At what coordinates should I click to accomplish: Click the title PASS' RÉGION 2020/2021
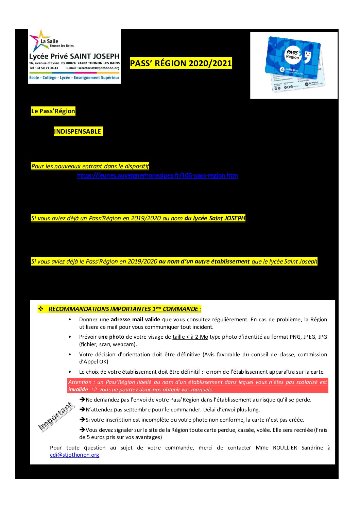coord(181,63)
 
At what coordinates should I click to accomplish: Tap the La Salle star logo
coord(39,40)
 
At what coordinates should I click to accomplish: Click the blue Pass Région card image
coord(294,65)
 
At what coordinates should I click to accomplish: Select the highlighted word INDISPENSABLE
coord(78,132)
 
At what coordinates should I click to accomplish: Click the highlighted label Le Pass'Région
coord(53,111)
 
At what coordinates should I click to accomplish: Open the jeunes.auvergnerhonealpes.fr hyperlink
coord(157,175)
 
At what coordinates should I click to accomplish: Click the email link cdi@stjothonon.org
coord(74,455)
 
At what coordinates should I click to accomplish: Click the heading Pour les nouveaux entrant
coord(90,166)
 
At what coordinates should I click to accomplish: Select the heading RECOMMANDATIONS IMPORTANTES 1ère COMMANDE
coord(124,309)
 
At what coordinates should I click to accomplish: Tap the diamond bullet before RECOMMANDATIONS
coord(41,309)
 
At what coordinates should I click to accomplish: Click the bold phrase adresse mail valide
coord(135,320)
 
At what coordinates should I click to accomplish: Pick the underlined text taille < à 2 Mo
coord(190,337)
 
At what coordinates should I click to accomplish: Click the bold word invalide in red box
coord(78,390)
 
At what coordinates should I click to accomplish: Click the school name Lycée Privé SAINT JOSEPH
coord(74,56)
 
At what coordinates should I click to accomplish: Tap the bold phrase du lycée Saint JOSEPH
coord(215,218)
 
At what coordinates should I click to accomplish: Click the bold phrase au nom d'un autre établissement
coord(204,261)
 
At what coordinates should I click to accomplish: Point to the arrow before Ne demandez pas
coord(82,400)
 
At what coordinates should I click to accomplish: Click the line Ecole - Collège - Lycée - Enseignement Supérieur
coord(74,78)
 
